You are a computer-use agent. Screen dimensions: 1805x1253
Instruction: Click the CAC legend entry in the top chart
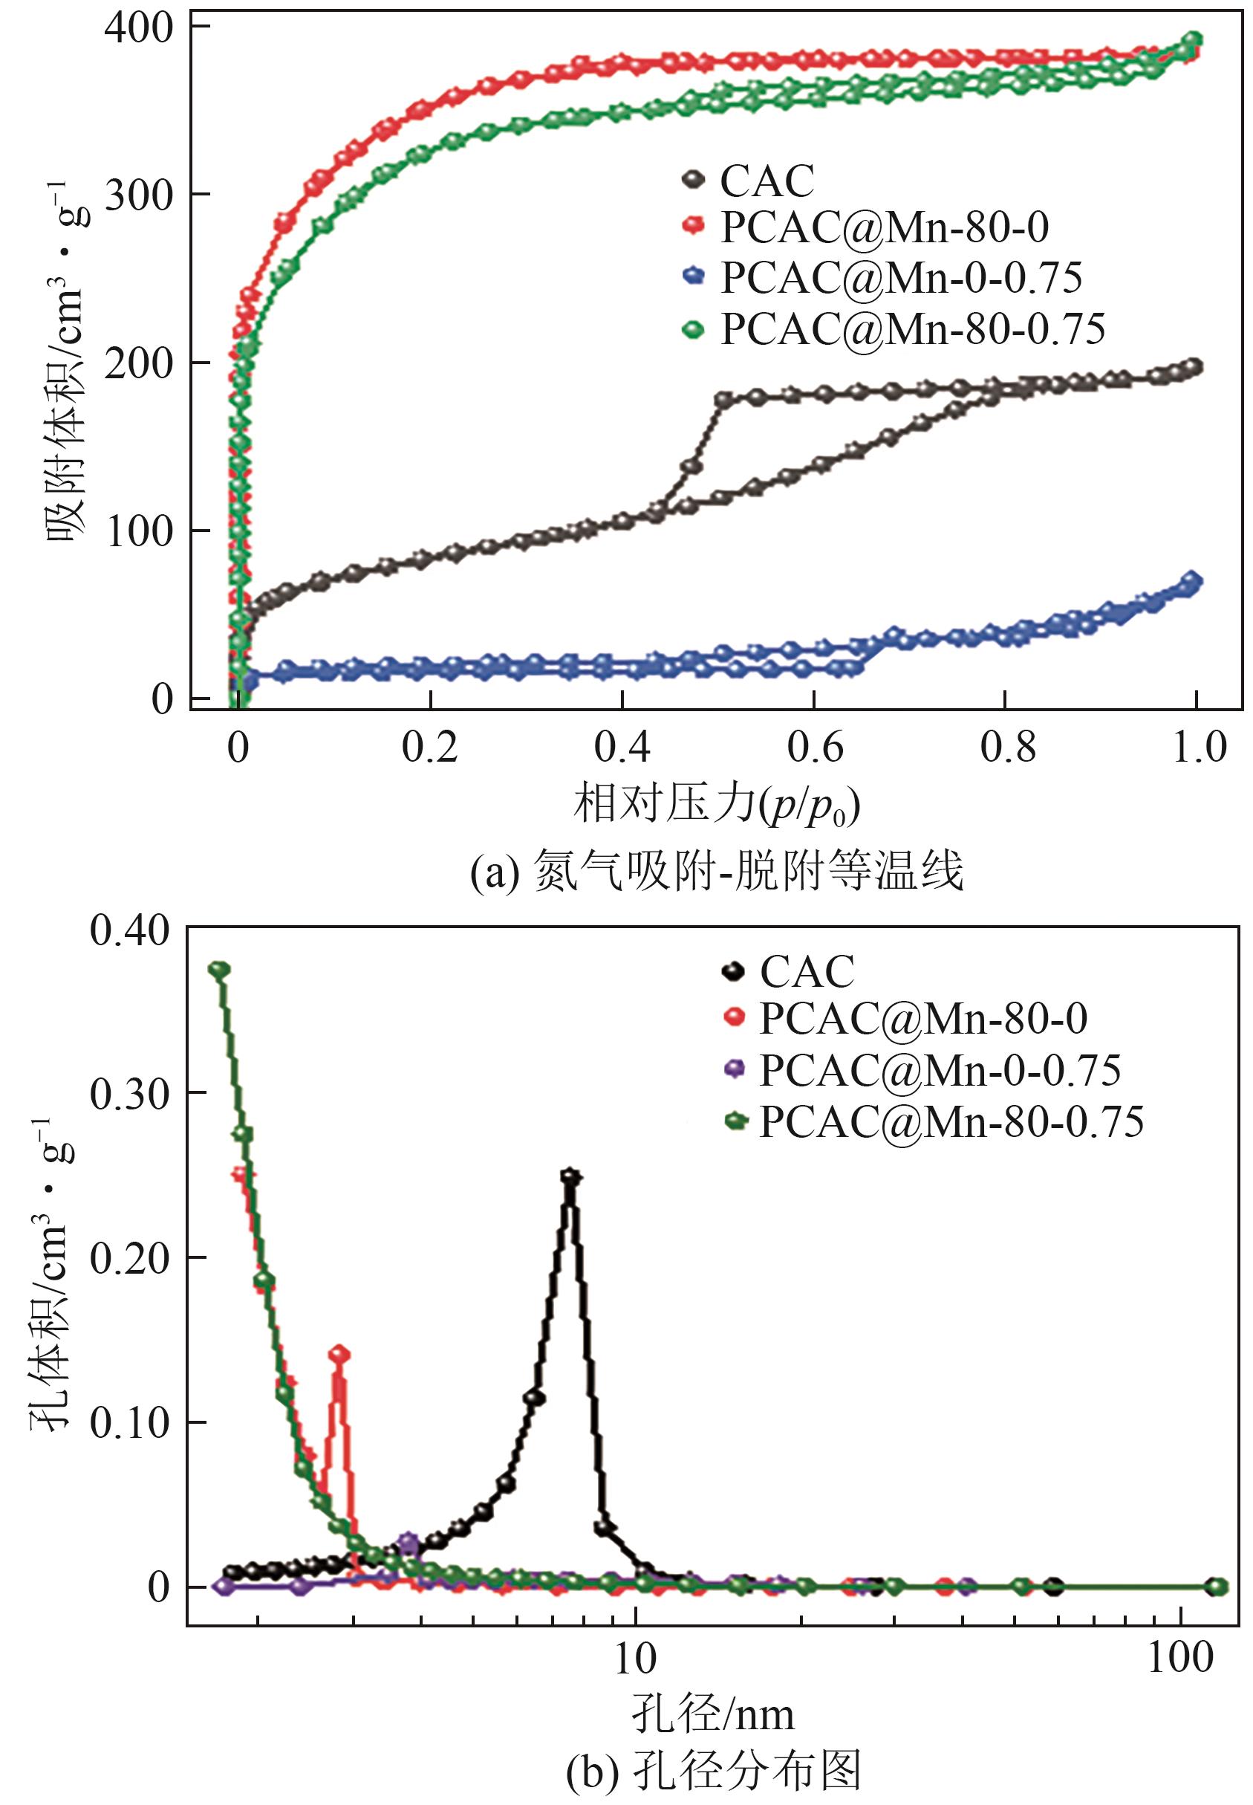767,181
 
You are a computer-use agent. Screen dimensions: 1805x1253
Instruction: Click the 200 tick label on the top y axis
138,363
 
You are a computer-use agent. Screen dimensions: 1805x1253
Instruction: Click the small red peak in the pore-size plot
339,1353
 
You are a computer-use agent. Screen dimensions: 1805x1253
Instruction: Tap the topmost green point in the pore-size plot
220,969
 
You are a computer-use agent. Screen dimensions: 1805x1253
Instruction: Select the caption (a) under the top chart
716,872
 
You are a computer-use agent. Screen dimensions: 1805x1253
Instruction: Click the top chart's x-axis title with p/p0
716,806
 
